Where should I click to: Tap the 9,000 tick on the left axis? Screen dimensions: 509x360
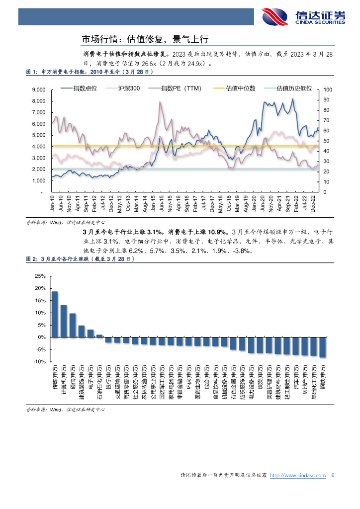pos(38,90)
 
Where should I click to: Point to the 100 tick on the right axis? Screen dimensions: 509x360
pos(327,90)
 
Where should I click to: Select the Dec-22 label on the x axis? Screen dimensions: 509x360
pos(313,205)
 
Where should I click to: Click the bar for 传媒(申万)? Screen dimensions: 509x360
pos(55,314)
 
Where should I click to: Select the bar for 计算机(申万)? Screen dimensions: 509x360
pos(64,321)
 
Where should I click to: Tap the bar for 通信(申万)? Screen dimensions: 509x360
pos(73,325)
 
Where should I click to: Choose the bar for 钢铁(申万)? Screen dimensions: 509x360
pos(322,347)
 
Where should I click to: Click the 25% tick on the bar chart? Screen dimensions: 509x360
pos(39,276)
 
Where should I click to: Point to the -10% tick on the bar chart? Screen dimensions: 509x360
pos(39,362)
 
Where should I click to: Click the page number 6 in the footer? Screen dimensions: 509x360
pos(333,476)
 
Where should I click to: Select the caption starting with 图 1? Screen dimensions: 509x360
pos(89,73)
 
